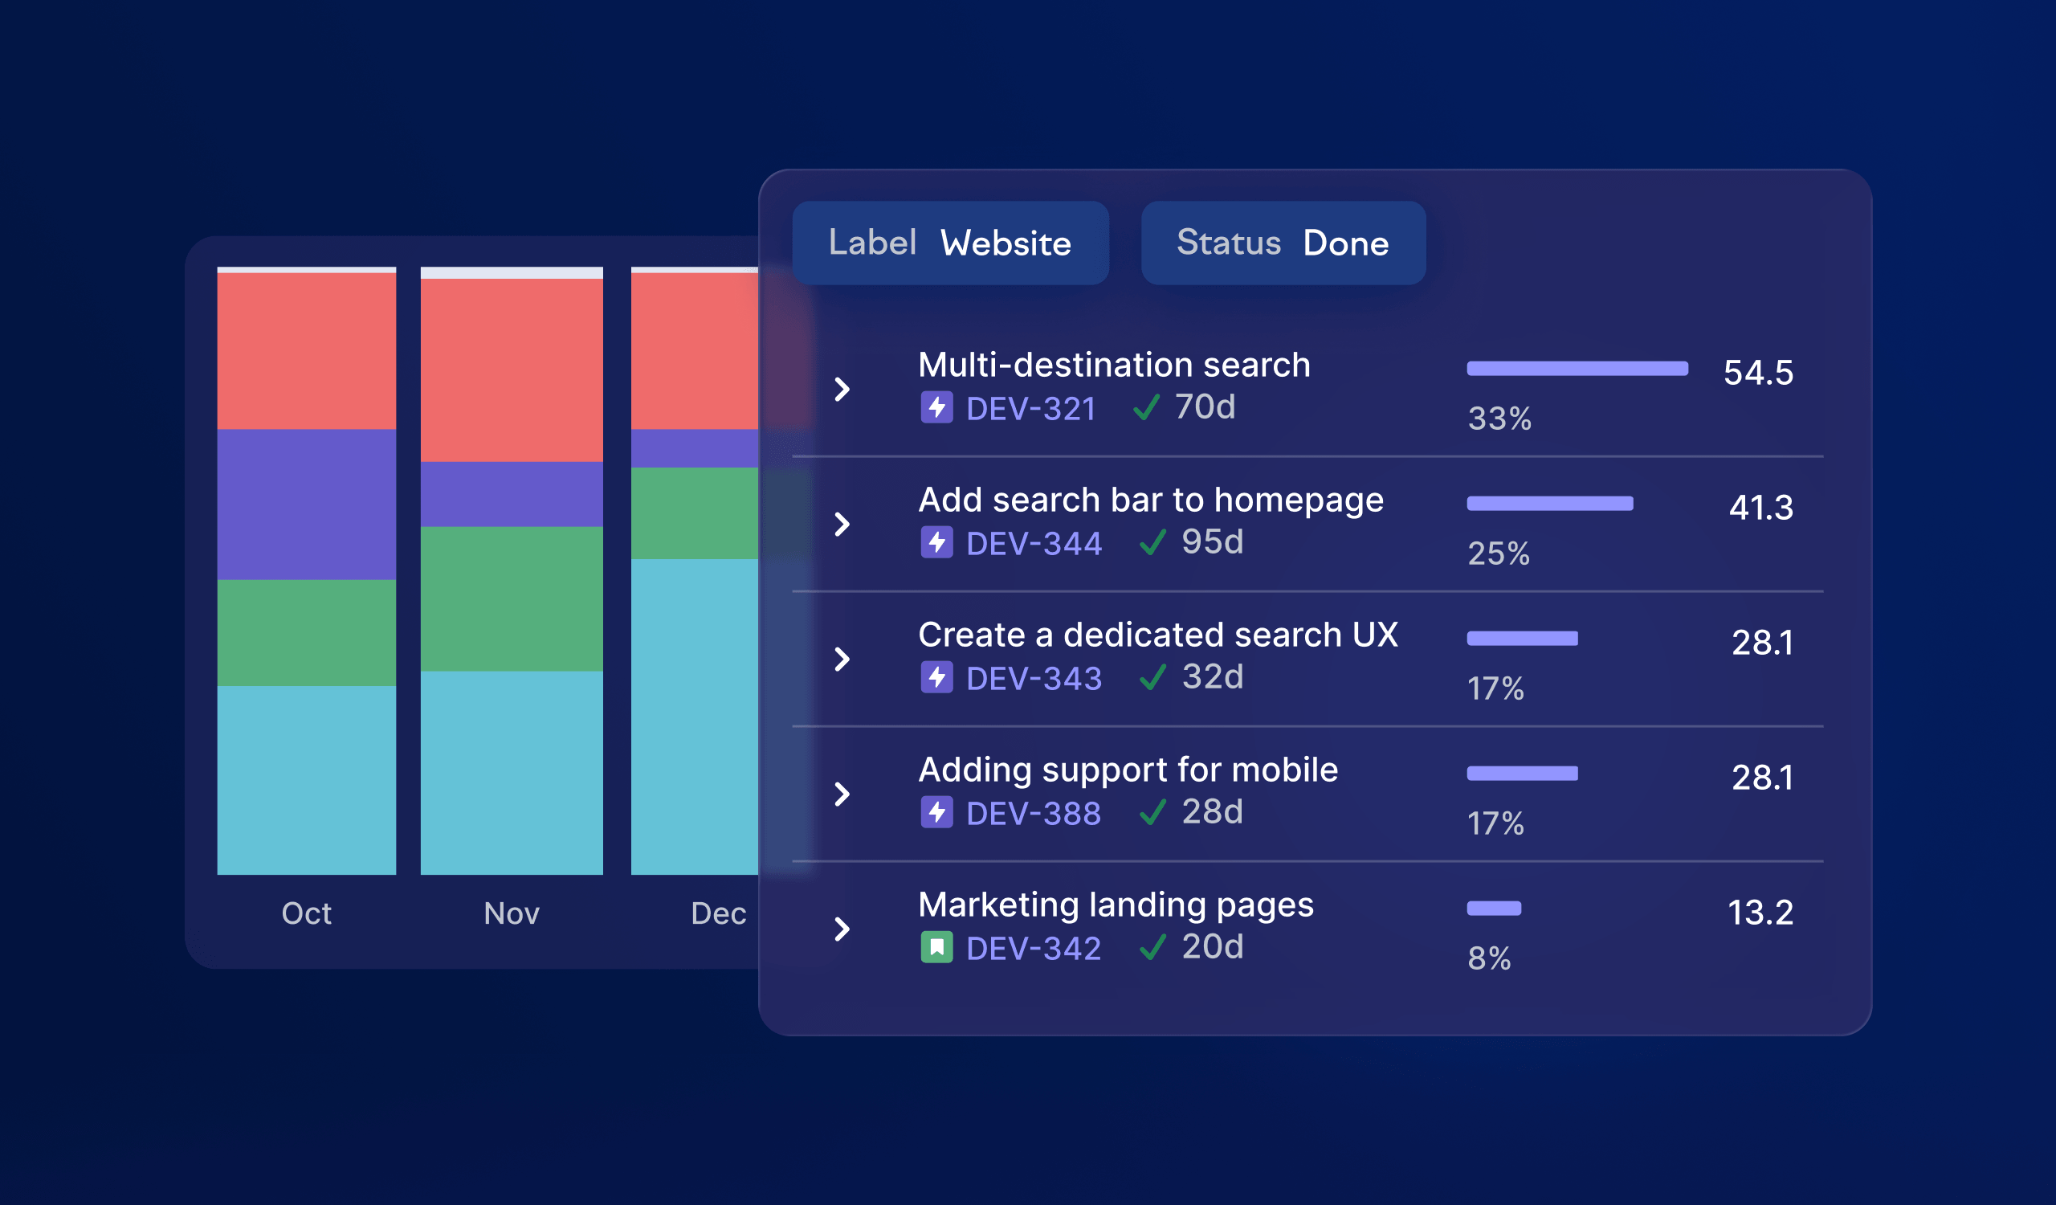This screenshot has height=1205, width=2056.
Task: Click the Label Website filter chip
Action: [949, 243]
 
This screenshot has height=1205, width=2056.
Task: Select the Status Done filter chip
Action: [1283, 243]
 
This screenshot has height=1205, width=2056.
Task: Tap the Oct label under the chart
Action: [306, 913]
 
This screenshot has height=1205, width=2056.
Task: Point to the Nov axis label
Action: [511, 913]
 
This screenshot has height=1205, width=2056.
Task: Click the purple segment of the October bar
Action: [306, 504]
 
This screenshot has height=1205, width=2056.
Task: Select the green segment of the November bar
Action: [511, 598]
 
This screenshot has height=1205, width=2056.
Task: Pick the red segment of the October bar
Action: [306, 351]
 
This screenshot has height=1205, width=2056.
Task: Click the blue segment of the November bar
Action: [511, 772]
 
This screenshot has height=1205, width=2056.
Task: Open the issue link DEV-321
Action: [1030, 409]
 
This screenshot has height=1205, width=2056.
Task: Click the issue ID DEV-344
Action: [1034, 543]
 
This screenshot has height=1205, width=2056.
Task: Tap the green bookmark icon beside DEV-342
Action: [936, 947]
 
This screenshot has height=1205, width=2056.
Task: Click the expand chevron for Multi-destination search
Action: [842, 389]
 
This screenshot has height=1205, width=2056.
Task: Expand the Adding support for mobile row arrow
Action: [842, 794]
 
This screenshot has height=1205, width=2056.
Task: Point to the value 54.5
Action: [1757, 373]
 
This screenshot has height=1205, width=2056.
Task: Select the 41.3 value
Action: [1760, 508]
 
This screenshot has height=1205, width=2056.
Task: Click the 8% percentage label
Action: [1489, 958]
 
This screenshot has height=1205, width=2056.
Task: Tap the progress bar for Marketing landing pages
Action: [1493, 908]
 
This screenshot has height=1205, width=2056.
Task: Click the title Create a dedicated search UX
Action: [1158, 635]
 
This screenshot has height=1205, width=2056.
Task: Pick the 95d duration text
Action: [1213, 541]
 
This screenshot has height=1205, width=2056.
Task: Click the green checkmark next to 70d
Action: [1146, 407]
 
